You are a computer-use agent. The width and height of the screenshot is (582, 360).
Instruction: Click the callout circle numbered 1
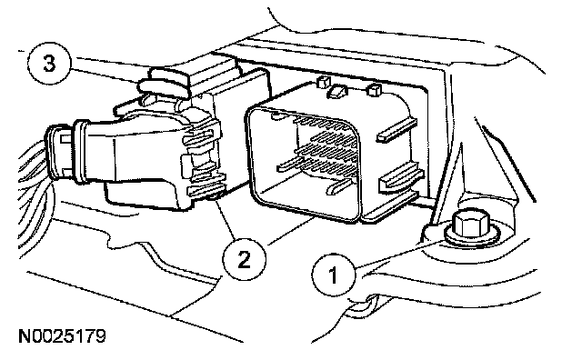pos(334,275)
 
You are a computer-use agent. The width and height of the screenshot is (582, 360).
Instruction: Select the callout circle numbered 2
pos(244,259)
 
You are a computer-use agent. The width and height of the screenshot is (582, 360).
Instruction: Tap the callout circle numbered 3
pos(48,63)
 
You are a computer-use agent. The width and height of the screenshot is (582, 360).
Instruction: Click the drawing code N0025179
pos(63,335)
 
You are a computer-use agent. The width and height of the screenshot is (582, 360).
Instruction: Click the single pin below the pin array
pos(338,186)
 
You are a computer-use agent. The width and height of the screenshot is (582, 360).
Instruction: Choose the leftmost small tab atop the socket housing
pos(324,82)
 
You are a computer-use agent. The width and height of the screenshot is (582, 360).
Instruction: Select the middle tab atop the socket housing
pos(337,91)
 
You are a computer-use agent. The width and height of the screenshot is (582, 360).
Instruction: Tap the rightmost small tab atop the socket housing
pos(374,90)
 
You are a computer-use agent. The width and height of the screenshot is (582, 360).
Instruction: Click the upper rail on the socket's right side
pos(396,129)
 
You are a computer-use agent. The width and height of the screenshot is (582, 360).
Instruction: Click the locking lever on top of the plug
pos(164,85)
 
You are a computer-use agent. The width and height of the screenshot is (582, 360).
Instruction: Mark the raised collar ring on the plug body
pos(81,152)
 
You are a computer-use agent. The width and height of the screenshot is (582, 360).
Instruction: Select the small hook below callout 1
pos(361,307)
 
